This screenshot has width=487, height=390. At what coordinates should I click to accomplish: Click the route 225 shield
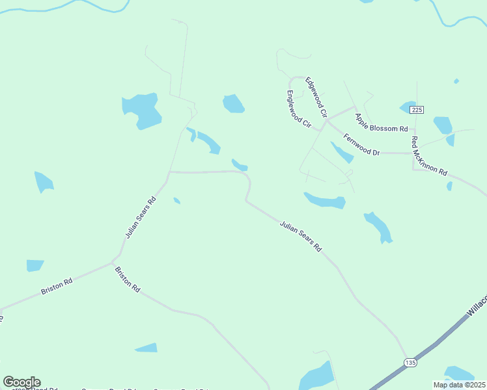click(x=417, y=110)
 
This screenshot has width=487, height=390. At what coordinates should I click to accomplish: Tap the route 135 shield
click(x=410, y=362)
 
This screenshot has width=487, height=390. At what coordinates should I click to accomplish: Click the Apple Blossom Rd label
click(x=381, y=122)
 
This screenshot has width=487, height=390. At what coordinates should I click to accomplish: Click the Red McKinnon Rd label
click(x=428, y=157)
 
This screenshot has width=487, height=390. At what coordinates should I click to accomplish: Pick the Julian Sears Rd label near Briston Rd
click(x=141, y=216)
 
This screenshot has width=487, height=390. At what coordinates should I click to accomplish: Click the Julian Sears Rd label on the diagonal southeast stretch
click(x=301, y=236)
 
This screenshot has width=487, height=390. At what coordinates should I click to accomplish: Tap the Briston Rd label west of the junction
click(x=57, y=287)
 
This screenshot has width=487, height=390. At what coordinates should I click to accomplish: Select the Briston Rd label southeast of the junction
click(x=128, y=278)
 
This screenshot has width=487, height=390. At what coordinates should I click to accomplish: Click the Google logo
click(x=21, y=382)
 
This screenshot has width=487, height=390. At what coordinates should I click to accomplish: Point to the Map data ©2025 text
click(x=460, y=385)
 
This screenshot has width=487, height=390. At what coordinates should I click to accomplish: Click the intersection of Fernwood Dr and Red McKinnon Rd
click(x=413, y=153)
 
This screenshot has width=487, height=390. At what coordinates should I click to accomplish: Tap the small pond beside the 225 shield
click(x=408, y=107)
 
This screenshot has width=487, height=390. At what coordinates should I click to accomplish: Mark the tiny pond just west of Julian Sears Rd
click(x=176, y=201)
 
